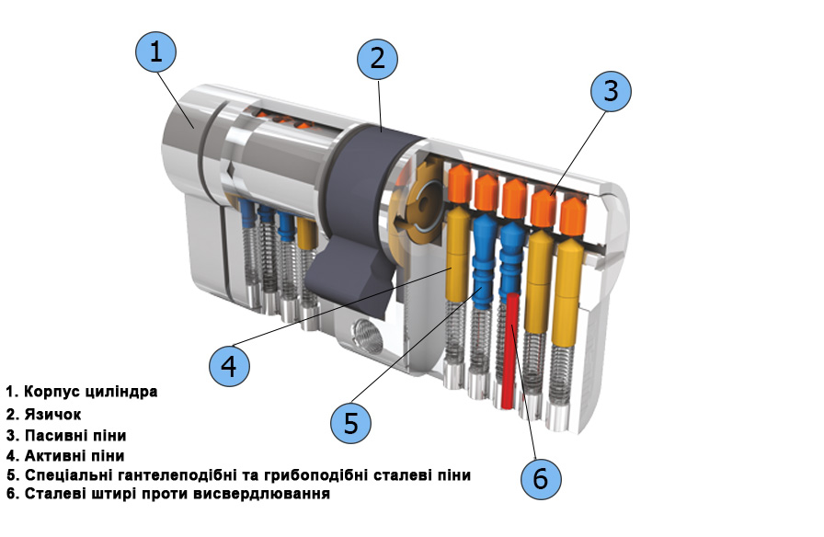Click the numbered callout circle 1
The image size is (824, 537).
(155, 52)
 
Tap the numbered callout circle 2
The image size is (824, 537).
(377, 60)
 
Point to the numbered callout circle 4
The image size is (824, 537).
(229, 366)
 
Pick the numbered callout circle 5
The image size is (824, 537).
(350, 423)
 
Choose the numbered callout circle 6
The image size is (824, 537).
(541, 478)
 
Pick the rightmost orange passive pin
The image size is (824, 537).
(572, 213)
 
